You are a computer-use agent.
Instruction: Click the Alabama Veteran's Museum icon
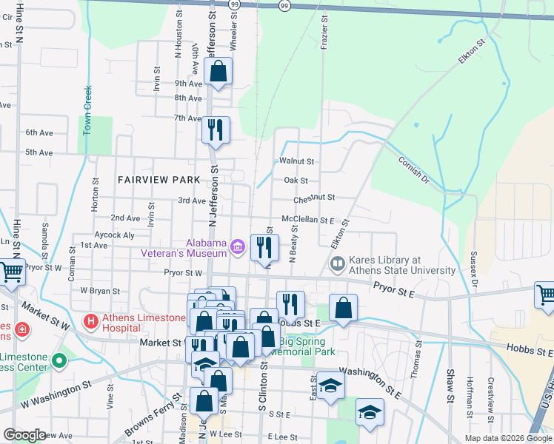[237, 247]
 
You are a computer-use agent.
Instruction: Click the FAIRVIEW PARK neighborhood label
[158, 180]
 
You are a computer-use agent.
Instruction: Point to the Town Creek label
[87, 110]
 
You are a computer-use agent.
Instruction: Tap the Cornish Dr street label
[413, 169]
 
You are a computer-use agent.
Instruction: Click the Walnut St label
[296, 161]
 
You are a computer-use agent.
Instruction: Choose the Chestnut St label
[314, 198]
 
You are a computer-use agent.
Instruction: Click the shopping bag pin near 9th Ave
[218, 72]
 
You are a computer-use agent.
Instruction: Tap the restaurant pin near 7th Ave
[216, 130]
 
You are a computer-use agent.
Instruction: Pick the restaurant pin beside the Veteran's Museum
[264, 248]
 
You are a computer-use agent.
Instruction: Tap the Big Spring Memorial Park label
[306, 346]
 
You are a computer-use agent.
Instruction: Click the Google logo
[24, 435]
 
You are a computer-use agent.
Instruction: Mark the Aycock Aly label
[115, 235]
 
